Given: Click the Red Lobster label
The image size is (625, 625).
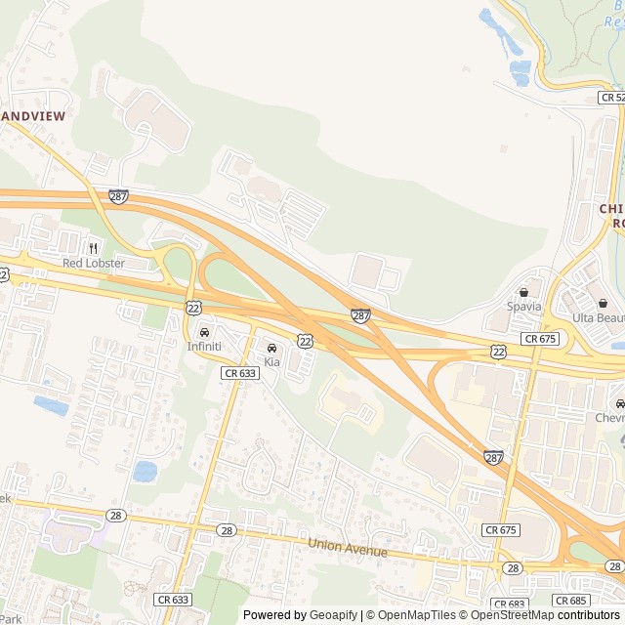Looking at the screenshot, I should coord(94,264).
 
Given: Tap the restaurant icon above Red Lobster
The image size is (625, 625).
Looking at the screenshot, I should coord(94,248).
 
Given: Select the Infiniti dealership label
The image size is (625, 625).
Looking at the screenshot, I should coord(204,347).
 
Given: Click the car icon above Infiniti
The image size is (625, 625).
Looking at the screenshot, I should coord(204,332).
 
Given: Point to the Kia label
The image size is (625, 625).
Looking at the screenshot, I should coord(271,362).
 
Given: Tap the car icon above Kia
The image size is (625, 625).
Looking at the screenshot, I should coord(271,348).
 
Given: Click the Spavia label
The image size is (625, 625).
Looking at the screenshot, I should coord(523,306).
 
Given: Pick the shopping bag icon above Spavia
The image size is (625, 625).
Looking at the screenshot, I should coord(523,291).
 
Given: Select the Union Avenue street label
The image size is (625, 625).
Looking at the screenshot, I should coord(348,549).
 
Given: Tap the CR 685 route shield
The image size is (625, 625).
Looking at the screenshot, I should coord(571,600).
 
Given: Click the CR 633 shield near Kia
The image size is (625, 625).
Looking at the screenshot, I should coord(240,373).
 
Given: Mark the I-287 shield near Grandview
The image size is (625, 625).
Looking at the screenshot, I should coord(118,196).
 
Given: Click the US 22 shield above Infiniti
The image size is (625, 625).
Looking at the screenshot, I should coord(194,308).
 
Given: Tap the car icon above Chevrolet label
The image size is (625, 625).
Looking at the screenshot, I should coord(618,403).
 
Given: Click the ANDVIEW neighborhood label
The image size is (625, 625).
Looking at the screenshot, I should coord(34,116).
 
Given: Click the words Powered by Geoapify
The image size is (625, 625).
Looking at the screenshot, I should coord(301,615).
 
